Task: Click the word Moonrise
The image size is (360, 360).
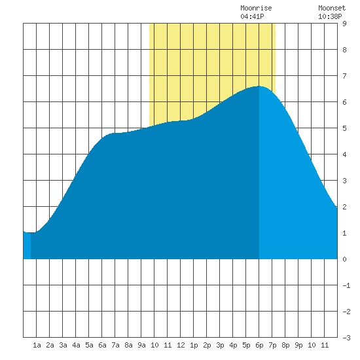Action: pyautogui.click(x=256, y=8)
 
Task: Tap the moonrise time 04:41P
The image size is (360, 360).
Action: pyautogui.click(x=252, y=16)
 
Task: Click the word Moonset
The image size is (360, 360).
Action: pyautogui.click(x=332, y=8)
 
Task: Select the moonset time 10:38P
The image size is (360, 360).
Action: pyautogui.click(x=330, y=16)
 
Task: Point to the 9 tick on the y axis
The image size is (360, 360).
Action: pyautogui.click(x=344, y=24)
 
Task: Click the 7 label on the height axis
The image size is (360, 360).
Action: pyautogui.click(x=344, y=76)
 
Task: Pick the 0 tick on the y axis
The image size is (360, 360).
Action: pyautogui.click(x=344, y=259)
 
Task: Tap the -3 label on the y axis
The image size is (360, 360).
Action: pyautogui.click(x=346, y=338)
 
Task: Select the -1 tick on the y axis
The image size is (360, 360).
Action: pyautogui.click(x=346, y=285)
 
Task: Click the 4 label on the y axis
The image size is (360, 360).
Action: pyautogui.click(x=344, y=154)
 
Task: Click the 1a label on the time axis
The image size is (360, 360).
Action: pyautogui.click(x=37, y=345)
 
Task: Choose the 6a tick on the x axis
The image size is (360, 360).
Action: pyautogui.click(x=102, y=345)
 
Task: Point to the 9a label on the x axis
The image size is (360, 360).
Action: pyautogui.click(x=141, y=345)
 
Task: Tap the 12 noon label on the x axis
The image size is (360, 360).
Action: pyautogui.click(x=181, y=345)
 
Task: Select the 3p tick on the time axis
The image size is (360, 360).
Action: pyautogui.click(x=220, y=345)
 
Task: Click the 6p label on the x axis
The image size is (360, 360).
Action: pyautogui.click(x=259, y=345)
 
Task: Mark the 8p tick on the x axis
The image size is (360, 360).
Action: pyautogui.click(x=285, y=345)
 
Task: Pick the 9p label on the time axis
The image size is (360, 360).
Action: pyautogui.click(x=298, y=345)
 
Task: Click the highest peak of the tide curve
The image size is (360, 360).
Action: pyautogui.click(x=259, y=86)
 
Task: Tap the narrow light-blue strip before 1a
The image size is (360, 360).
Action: pyautogui.click(x=27, y=245)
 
